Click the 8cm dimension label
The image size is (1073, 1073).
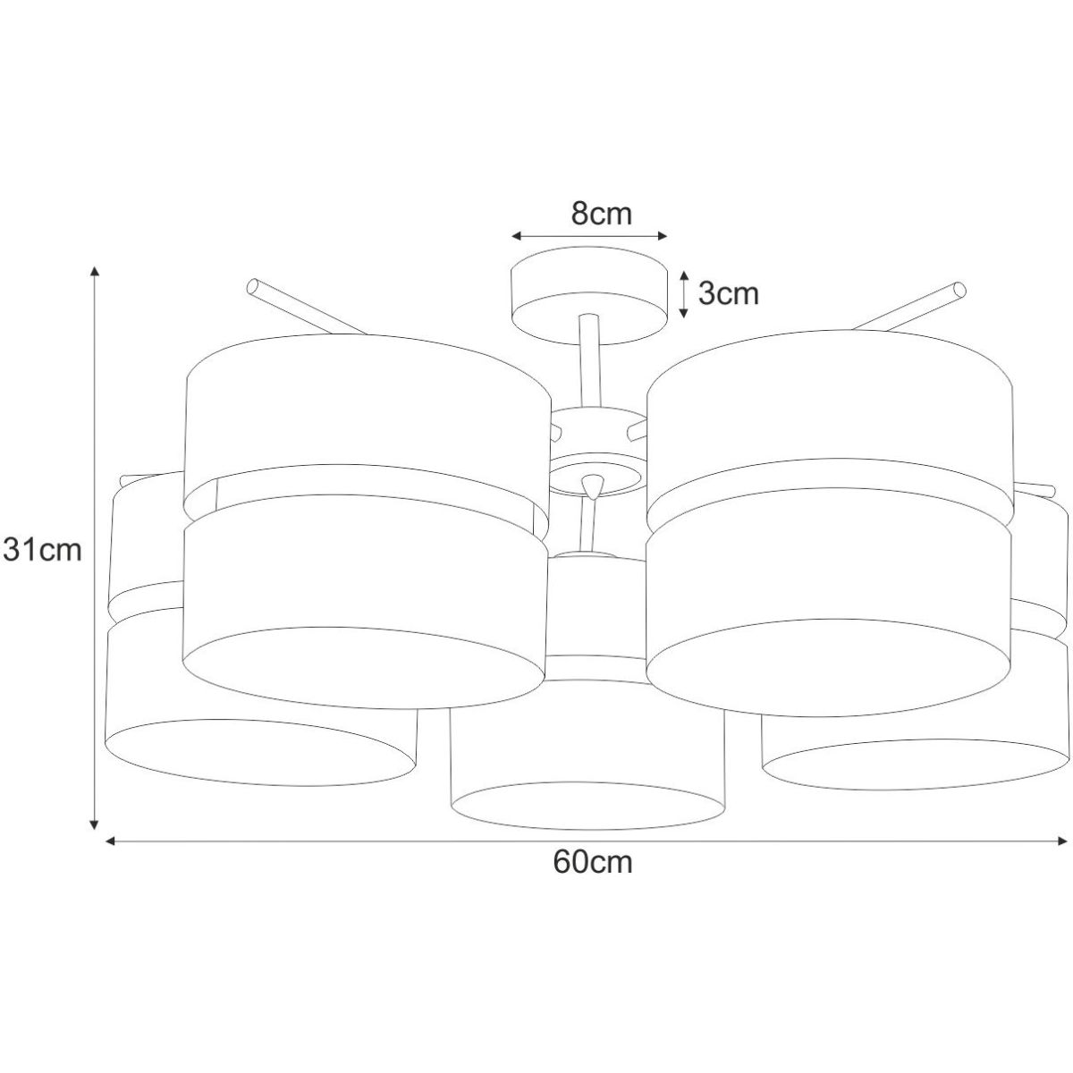pyautogui.click(x=602, y=214)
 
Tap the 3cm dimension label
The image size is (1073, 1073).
pyautogui.click(x=729, y=293)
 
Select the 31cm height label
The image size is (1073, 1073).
pyautogui.click(x=42, y=549)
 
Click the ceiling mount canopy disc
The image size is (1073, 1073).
pyautogui.click(x=589, y=298)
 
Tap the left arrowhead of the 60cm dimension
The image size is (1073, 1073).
pyautogui.click(x=110, y=841)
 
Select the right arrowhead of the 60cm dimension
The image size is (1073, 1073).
pyautogui.click(x=1062, y=841)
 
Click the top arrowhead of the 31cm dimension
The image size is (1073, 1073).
pyautogui.click(x=95, y=271)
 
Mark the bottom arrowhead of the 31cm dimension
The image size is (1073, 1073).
pyautogui.click(x=95, y=824)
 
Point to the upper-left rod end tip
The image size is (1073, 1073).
pyautogui.click(x=252, y=286)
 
